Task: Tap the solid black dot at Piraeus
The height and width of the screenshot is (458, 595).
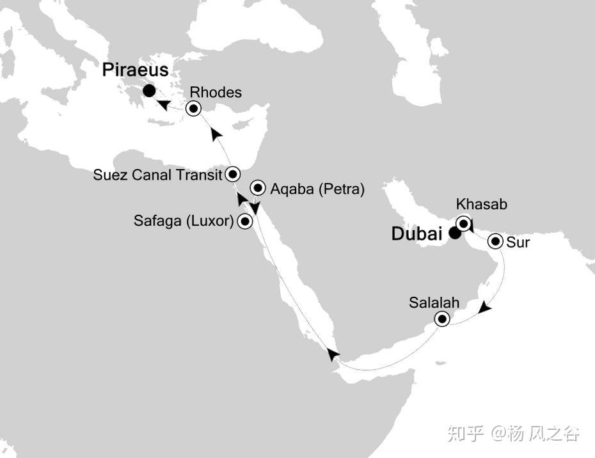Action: point(148,91)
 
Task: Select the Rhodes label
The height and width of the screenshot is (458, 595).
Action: point(216,93)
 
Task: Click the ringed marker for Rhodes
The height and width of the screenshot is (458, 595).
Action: point(193,109)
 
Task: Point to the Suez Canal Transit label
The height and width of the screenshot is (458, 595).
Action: point(157,175)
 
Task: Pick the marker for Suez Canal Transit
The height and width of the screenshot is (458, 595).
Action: point(233,173)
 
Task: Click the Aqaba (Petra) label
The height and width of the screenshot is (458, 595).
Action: point(317,189)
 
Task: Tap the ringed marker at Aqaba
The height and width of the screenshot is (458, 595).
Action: point(258,188)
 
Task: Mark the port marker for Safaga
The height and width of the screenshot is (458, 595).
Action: point(244,222)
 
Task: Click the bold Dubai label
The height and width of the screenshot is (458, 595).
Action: point(416,235)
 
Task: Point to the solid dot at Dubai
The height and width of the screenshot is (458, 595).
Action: point(454,233)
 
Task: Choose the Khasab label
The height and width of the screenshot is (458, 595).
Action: point(481,205)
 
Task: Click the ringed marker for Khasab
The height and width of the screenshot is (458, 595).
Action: point(463,224)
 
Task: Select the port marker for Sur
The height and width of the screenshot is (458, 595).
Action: point(495,242)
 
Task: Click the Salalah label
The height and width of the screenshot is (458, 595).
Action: point(434,302)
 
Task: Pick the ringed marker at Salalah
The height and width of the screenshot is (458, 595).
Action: point(441,319)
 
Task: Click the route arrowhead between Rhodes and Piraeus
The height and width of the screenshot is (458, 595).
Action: point(164,104)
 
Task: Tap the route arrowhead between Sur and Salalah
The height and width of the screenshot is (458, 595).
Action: point(486,308)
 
